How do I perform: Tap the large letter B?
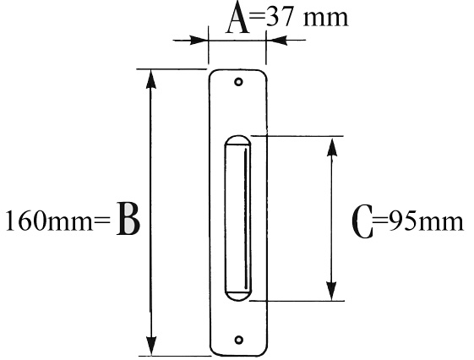tap(128, 218)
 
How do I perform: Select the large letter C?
tap(362, 221)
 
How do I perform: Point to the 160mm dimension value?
tap(49, 221)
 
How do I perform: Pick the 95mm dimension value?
tap(426, 221)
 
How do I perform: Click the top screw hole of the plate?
tap(239, 82)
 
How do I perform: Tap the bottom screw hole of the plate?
tap(239, 340)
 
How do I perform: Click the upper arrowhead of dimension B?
tap(151, 79)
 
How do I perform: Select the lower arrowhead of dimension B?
tap(151, 346)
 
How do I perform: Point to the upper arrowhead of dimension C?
tap(332, 148)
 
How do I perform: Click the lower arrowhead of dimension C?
tap(332, 291)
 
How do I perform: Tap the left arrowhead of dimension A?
tap(199, 40)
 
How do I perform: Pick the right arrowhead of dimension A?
tap(276, 40)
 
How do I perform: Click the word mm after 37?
tap(326, 19)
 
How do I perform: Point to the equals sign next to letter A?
tap(258, 17)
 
